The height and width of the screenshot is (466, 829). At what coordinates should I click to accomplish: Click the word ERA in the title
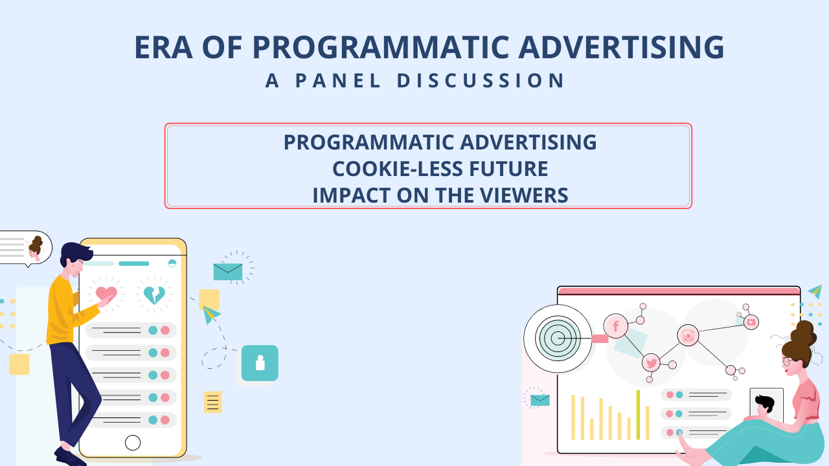pyautogui.click(x=163, y=47)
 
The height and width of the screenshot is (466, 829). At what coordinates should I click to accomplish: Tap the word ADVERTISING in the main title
pyautogui.click(x=621, y=47)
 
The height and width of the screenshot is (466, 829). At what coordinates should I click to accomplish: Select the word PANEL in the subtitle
pyautogui.click(x=338, y=80)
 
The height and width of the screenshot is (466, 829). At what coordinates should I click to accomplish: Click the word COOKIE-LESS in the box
pyautogui.click(x=398, y=169)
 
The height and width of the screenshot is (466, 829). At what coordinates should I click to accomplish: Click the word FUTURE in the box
pyautogui.click(x=508, y=169)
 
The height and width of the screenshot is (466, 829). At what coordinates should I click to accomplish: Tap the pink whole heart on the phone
pyautogui.click(x=106, y=294)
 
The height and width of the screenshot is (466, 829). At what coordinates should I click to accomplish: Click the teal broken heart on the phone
pyautogui.click(x=154, y=295)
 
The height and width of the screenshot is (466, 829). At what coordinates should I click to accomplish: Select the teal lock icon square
pyautogui.click(x=260, y=363)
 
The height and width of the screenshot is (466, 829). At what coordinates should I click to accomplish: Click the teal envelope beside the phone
pyautogui.click(x=228, y=272)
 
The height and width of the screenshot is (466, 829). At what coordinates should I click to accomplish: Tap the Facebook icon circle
pyautogui.click(x=616, y=326)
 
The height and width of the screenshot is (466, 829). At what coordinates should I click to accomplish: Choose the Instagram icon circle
pyautogui.click(x=688, y=335)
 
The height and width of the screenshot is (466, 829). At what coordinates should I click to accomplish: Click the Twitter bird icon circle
pyautogui.click(x=652, y=363)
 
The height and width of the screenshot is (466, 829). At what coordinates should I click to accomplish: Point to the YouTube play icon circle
pyautogui.click(x=751, y=322)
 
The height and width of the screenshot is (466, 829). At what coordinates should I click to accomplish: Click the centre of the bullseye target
pyautogui.click(x=558, y=338)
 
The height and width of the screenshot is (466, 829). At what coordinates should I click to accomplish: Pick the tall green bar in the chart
pyautogui.click(x=638, y=415)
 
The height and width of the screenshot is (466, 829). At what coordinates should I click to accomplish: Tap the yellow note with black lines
pyautogui.click(x=213, y=402)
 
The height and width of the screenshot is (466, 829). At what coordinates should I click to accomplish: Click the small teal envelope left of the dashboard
pyautogui.click(x=540, y=400)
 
